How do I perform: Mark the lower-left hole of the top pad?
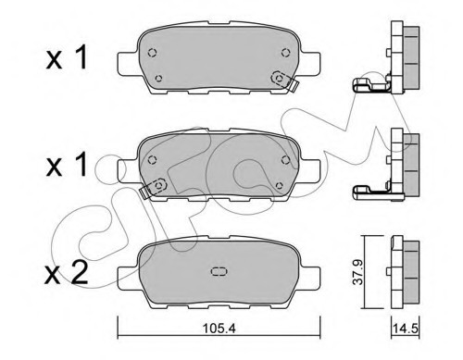click(x=158, y=79)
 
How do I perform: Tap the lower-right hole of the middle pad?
click(x=277, y=185)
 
